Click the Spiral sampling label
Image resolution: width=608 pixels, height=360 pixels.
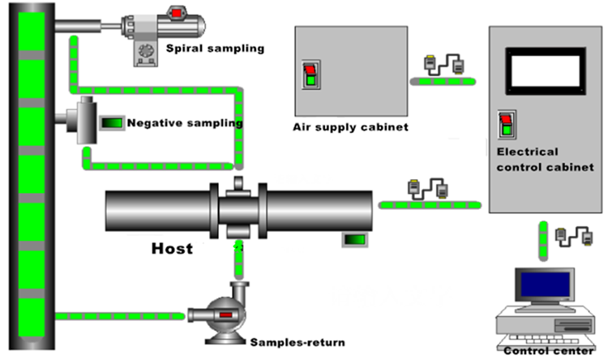coord(215,49)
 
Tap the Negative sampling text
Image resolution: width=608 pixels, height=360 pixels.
coord(185,123)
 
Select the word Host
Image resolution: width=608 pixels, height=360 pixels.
coord(172,248)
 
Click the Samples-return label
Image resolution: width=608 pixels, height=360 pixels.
coord(297,342)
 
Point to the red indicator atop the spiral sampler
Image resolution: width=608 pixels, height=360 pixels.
coord(176,12)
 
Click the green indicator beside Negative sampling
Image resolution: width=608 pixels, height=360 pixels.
coord(112,123)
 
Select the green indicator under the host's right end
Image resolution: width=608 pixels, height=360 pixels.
coord(353,239)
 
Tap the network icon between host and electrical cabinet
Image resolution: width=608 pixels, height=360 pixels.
coord(426,189)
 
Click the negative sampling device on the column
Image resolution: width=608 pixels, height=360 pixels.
coord(82,122)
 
